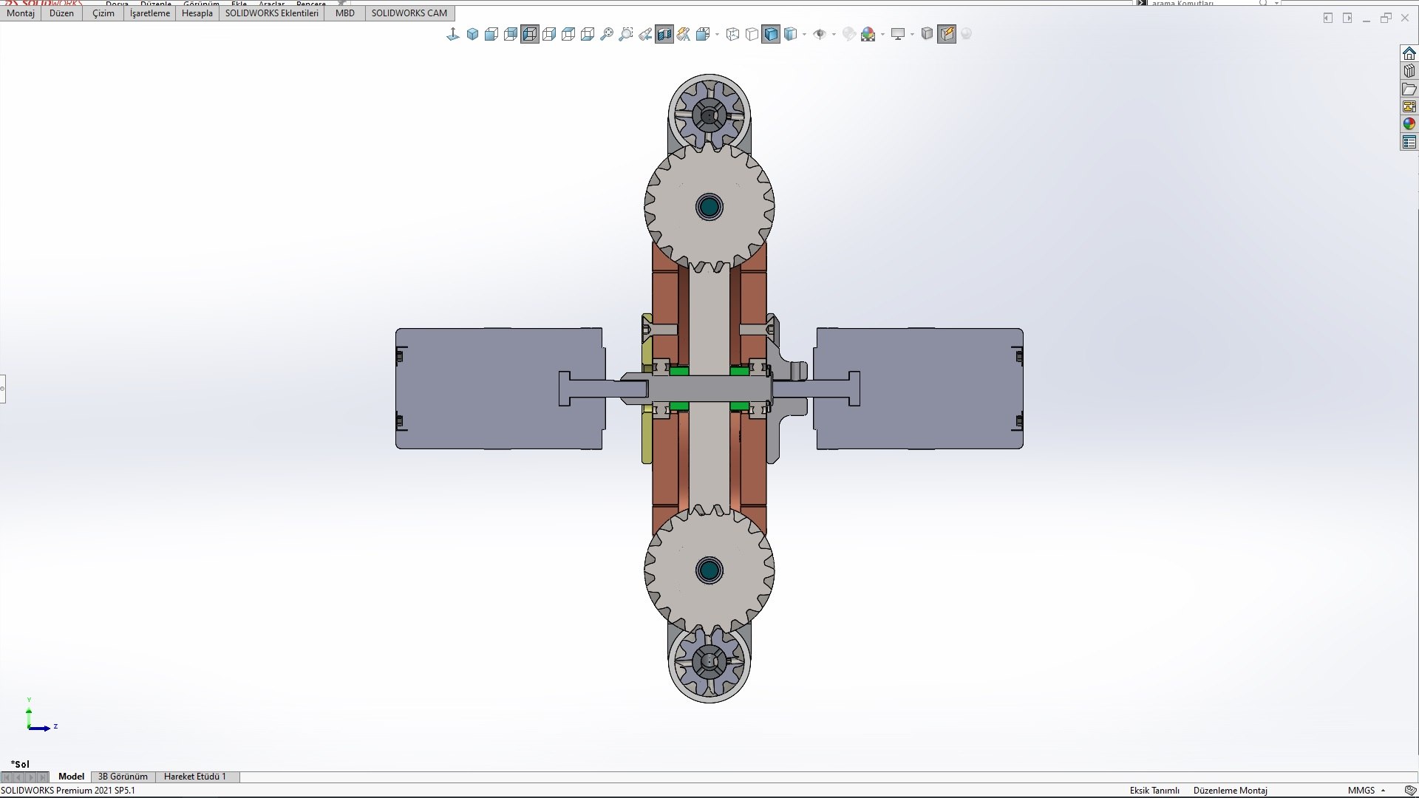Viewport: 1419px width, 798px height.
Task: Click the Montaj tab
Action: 21,13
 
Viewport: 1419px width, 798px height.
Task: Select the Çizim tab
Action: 103,13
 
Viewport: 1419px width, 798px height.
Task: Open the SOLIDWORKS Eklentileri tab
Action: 271,13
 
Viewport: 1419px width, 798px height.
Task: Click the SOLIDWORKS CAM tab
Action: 409,13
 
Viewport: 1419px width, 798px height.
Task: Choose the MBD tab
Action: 344,13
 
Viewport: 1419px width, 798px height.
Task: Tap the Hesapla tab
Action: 197,13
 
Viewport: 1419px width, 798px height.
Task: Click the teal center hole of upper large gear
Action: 709,207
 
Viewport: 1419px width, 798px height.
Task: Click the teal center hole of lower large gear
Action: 709,570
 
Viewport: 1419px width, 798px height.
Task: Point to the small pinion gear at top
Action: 709,115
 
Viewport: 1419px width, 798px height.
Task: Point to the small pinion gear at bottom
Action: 709,661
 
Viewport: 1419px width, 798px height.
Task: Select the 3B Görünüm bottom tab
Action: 123,777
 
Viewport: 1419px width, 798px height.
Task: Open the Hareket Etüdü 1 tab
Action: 195,777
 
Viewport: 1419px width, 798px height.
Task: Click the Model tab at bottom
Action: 71,777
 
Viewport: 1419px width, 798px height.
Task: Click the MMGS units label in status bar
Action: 1361,791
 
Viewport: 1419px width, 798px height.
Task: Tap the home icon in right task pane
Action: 1409,53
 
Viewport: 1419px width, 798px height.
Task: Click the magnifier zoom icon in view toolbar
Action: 607,34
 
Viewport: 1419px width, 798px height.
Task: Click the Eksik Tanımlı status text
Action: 1154,791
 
